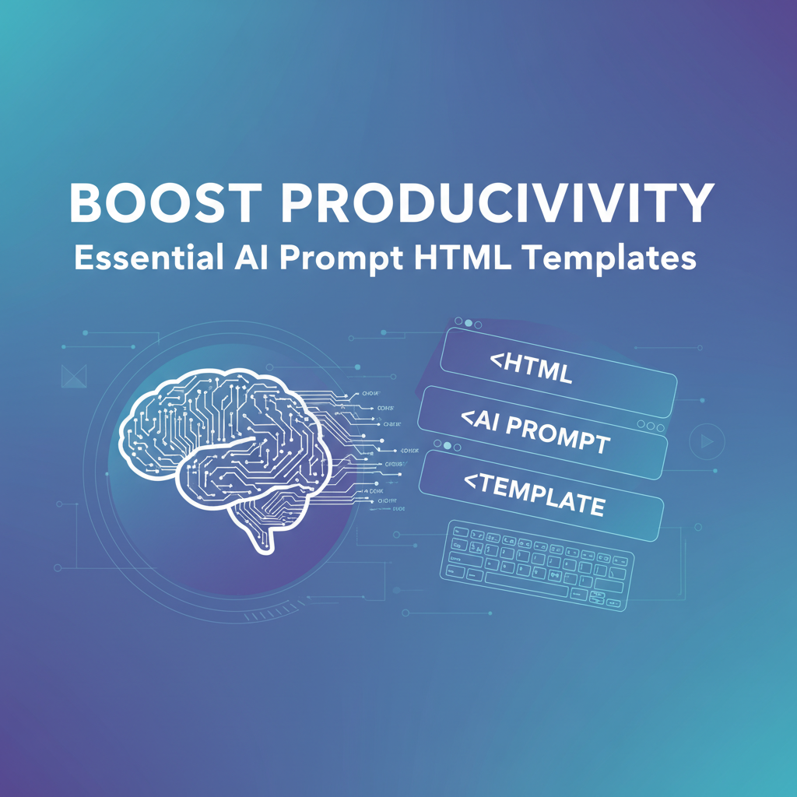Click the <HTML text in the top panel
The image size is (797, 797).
[531, 369]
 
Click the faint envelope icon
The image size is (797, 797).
[72, 376]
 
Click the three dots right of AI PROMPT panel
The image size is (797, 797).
[646, 426]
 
